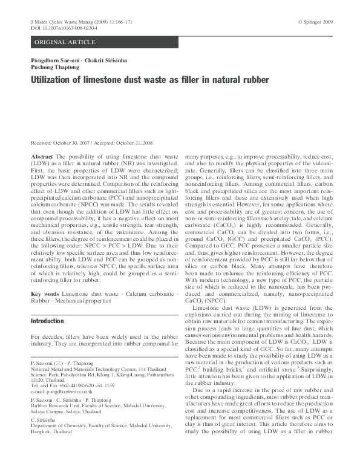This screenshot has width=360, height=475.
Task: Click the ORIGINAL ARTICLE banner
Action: pyautogui.click(x=65, y=42)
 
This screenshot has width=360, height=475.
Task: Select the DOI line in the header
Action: pyautogui.click(x=60, y=28)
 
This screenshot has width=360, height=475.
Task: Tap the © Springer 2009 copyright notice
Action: pyautogui.click(x=315, y=21)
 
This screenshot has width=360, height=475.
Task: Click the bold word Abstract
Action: pyautogui.click(x=41, y=156)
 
